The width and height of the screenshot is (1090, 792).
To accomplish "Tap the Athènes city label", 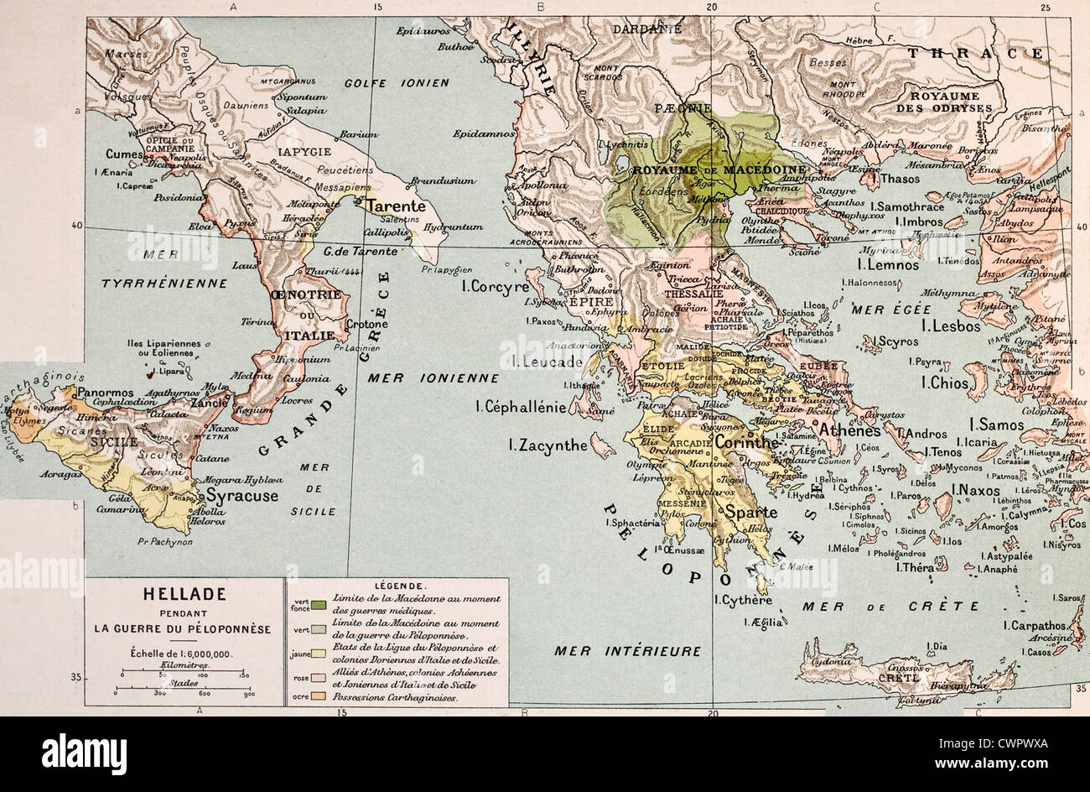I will coord(849,430).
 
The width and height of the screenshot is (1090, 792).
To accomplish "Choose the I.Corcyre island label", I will coord(496,286).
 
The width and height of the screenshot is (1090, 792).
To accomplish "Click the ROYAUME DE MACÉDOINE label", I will coord(720,169).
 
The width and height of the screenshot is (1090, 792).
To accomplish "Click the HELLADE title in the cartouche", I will coord(185,594).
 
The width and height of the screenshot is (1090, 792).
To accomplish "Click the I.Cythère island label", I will coord(743,600).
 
